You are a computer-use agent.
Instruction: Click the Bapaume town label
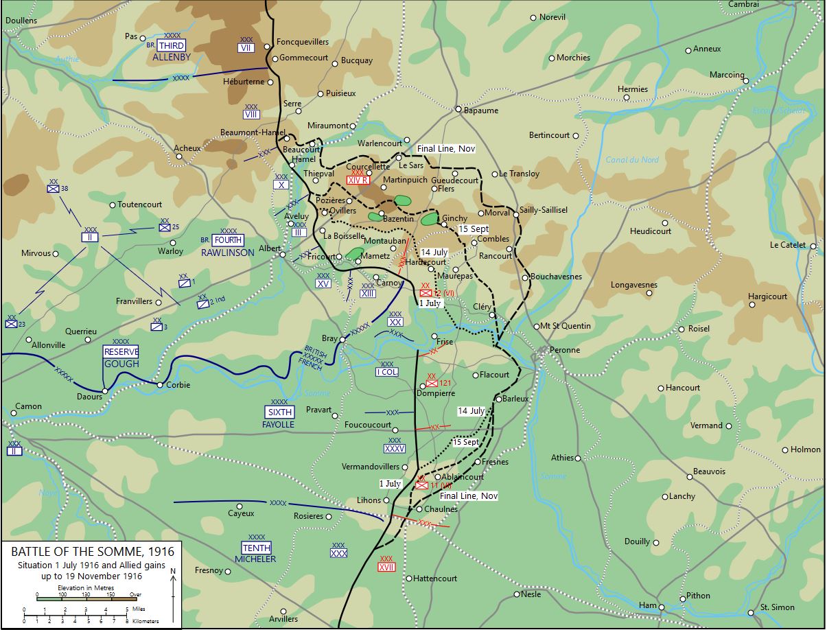(481, 110)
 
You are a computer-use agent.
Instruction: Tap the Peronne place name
(564, 350)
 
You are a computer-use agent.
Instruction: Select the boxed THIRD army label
(172, 45)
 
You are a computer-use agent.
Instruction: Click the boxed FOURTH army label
(228, 241)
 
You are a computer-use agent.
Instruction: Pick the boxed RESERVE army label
(121, 351)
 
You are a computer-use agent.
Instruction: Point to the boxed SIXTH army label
(279, 412)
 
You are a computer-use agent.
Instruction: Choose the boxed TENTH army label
(256, 548)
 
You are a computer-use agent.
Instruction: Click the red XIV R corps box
(358, 180)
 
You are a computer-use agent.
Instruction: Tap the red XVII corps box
(386, 567)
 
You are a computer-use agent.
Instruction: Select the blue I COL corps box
(386, 372)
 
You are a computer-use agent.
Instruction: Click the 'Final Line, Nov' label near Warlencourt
(446, 148)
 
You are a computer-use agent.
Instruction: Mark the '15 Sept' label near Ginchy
(473, 229)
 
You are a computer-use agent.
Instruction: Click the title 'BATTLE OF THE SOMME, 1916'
(92, 552)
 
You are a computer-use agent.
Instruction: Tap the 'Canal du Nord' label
(631, 160)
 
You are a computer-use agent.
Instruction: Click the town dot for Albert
(283, 255)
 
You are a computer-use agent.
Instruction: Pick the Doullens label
(21, 21)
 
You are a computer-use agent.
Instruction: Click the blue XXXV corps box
(395, 449)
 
